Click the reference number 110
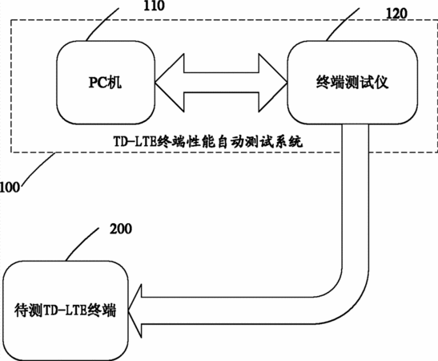(154, 6)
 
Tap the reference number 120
(396, 13)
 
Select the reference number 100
(10, 187)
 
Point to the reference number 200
(121, 229)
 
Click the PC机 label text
(106, 83)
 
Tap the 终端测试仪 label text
(352, 83)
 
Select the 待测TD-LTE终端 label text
(65, 310)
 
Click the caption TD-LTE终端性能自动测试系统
(208, 141)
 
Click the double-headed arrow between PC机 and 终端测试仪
(221, 83)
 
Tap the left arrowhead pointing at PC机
(170, 83)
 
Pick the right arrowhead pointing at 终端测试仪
(273, 83)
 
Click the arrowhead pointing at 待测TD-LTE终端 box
(135, 310)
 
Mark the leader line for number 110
(102, 24)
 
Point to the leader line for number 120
(343, 24)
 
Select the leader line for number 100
(38, 168)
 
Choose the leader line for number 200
(82, 244)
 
